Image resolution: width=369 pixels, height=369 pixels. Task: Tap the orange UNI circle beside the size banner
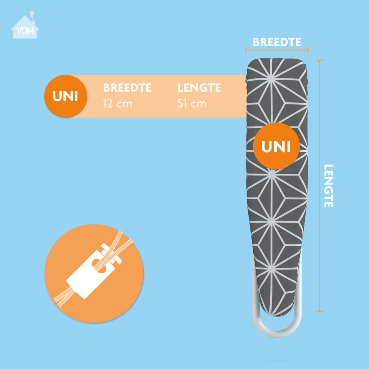(x=65, y=96)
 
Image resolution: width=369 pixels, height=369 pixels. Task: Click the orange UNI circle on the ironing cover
(x=276, y=146)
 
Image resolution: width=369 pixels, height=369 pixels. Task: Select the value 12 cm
(x=117, y=104)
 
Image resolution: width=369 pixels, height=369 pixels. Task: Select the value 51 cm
(x=192, y=104)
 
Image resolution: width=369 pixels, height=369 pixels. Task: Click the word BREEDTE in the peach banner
(x=127, y=88)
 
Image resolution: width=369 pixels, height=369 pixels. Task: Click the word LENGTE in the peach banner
(x=199, y=88)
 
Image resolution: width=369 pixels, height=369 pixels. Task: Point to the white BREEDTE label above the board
(x=277, y=42)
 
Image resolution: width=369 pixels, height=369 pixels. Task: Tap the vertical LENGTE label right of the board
(x=328, y=186)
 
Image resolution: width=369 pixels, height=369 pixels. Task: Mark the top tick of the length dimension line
(x=319, y=61)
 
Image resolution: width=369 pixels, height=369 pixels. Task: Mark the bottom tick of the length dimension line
(x=319, y=311)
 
